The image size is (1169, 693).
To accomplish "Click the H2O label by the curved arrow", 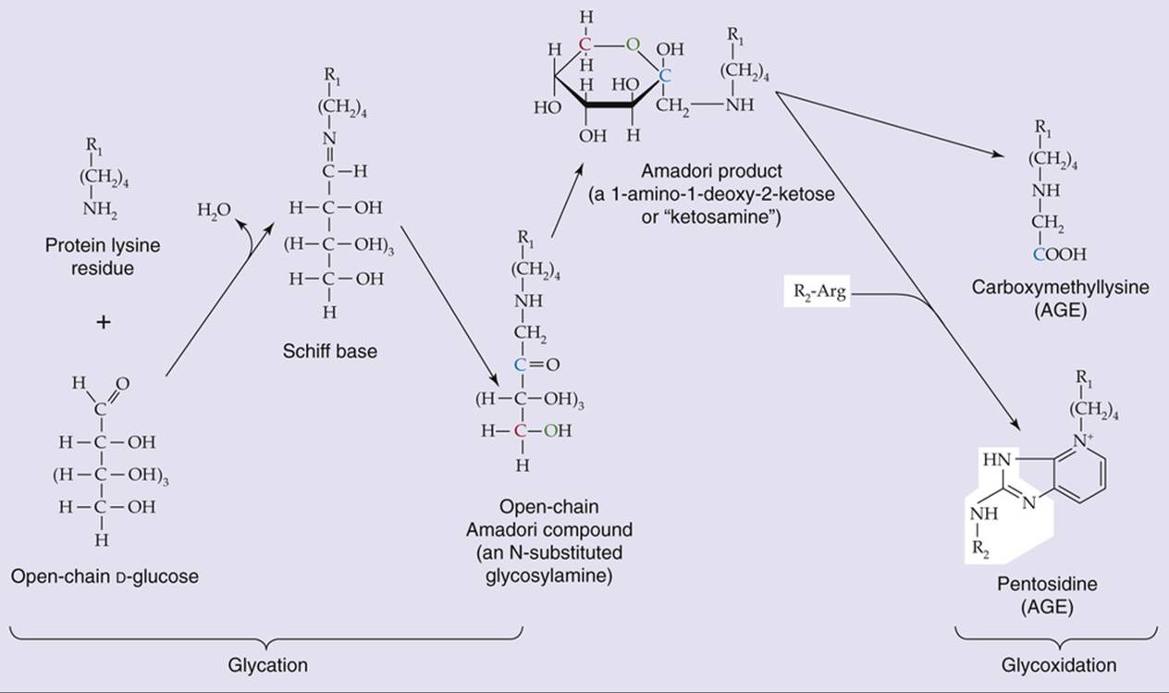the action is pyautogui.click(x=214, y=210).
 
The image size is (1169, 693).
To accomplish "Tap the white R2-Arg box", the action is pyautogui.click(x=817, y=291).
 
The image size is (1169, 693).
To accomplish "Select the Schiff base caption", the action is pyautogui.click(x=330, y=351).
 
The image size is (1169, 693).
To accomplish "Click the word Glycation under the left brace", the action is pyautogui.click(x=267, y=665).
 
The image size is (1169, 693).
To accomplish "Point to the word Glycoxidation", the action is pyautogui.click(x=1058, y=665).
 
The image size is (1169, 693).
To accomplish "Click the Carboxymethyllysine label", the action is pyautogui.click(x=1060, y=287).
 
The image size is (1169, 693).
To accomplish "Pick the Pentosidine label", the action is pyautogui.click(x=1047, y=583).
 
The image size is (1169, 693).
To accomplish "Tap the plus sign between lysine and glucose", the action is pyautogui.click(x=104, y=322).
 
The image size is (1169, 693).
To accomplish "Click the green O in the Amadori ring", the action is pyautogui.click(x=633, y=45).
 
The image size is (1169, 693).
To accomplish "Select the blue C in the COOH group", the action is pyautogui.click(x=1039, y=254).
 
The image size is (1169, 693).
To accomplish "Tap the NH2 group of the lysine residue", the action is pyautogui.click(x=100, y=209).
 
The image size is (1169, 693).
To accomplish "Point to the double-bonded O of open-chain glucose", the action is pyautogui.click(x=123, y=384).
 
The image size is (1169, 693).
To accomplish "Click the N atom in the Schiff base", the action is pyautogui.click(x=329, y=139).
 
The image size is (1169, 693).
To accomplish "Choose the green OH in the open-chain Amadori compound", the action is pyautogui.click(x=558, y=431).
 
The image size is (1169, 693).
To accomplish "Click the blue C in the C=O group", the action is pyautogui.click(x=520, y=365).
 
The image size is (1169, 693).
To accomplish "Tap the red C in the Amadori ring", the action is pyautogui.click(x=585, y=45).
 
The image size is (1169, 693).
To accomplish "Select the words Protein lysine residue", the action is pyautogui.click(x=103, y=256).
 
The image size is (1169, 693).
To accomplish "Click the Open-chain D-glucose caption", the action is pyautogui.click(x=105, y=576).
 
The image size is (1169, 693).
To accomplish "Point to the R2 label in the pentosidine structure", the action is pyautogui.click(x=980, y=550).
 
